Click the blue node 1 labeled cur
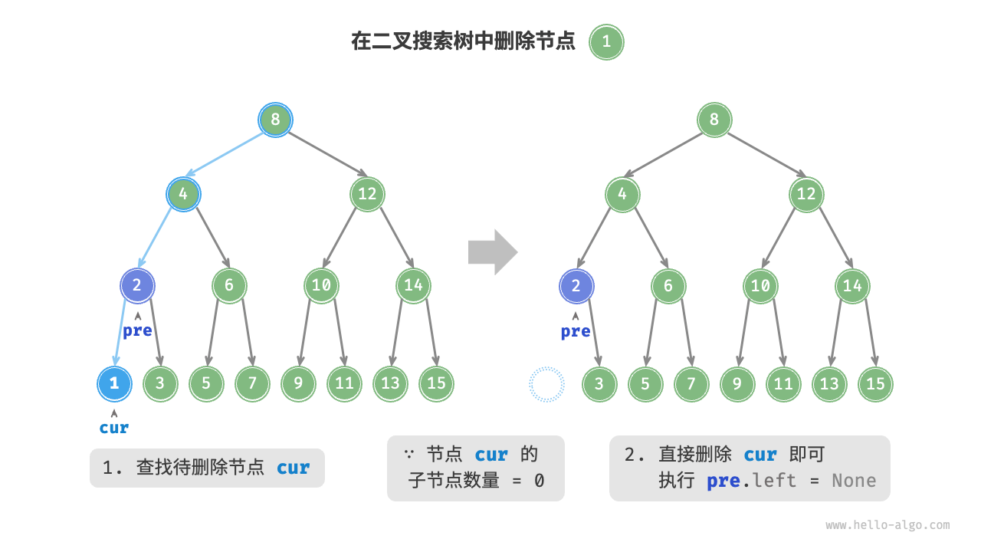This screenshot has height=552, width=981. pos(114,384)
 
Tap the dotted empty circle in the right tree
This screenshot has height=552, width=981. pos(546,384)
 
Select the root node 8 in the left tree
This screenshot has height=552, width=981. pos(275,120)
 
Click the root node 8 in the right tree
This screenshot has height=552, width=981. pos(714,120)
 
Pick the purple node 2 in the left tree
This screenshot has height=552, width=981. pos(137,286)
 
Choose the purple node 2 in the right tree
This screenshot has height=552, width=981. pos(576,286)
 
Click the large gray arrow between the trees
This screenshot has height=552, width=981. pos(493,251)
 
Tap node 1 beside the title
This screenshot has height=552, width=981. pos(606,41)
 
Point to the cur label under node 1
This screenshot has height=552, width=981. pos(114,428)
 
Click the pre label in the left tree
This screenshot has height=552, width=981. pos(137,331)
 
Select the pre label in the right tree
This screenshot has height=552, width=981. pos(576,331)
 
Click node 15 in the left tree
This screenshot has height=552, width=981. pos(436,384)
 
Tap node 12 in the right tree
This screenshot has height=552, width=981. pos(806,194)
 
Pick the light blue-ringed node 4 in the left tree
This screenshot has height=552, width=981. pos(183,194)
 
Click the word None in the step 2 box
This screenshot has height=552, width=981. pos(853,481)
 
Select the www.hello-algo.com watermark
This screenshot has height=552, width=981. pos(887,525)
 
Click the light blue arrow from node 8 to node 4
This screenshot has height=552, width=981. pos(227,156)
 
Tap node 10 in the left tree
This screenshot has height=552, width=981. pos(321,286)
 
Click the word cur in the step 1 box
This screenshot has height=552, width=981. pos(293,468)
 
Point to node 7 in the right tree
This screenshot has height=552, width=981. pos(691,384)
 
